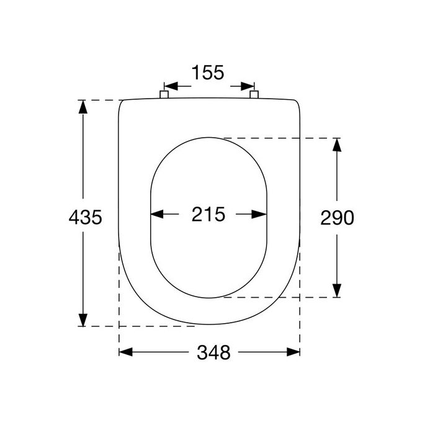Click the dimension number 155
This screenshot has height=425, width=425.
208,73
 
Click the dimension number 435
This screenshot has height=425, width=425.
84,217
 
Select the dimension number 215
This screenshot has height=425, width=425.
208,215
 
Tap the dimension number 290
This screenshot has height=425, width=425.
337,217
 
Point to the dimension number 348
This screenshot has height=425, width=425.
213,352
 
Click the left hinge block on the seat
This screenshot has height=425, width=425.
164,95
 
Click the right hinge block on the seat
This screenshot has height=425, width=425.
253,95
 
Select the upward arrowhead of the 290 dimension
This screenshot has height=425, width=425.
336,145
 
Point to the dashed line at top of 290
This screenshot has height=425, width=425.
279,138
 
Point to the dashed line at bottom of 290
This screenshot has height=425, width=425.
279,297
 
